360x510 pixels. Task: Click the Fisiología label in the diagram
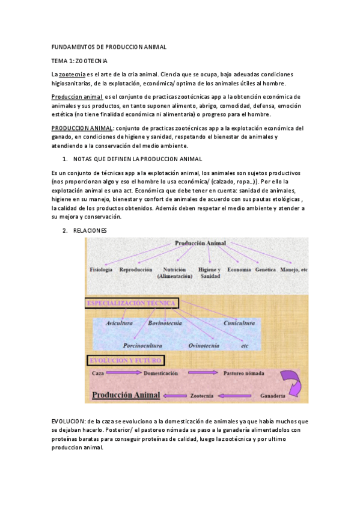[x=101, y=269]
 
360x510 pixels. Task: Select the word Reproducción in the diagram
[x=136, y=269]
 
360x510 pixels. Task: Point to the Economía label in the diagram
[x=239, y=269]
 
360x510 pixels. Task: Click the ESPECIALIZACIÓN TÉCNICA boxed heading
[x=133, y=303]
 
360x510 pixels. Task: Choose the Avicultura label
[x=119, y=323]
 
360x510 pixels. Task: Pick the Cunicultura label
[x=239, y=323]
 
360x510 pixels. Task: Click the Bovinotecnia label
[x=167, y=323]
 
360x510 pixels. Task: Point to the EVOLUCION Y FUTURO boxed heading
[x=125, y=360]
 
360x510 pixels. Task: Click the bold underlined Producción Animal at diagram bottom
[x=126, y=395]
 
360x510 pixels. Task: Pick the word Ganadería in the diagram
[x=276, y=396]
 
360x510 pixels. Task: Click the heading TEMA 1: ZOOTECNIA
[x=80, y=61]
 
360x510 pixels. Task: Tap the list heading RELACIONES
[x=90, y=230]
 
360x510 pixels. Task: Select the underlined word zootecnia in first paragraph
[x=72, y=73]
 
